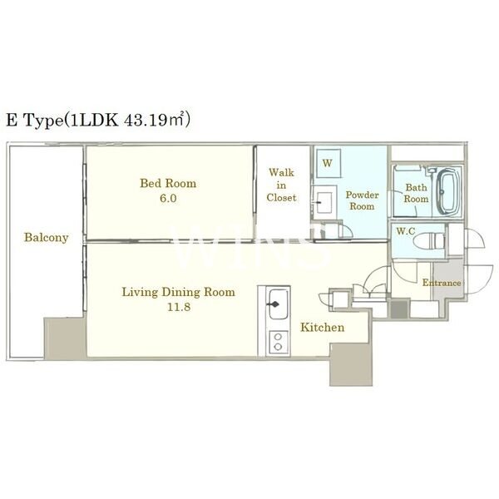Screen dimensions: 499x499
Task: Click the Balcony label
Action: pyautogui.click(x=47, y=237)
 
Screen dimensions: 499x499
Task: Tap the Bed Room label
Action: pyautogui.click(x=168, y=183)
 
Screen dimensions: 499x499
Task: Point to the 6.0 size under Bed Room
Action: pyautogui.click(x=168, y=198)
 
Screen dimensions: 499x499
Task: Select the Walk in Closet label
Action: pyautogui.click(x=281, y=185)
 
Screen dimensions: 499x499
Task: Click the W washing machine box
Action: pyautogui.click(x=328, y=163)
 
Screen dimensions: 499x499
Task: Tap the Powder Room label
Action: pyautogui.click(x=362, y=200)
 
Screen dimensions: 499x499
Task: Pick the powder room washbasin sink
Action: pyautogui.click(x=324, y=202)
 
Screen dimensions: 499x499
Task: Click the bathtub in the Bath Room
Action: pyautogui.click(x=448, y=191)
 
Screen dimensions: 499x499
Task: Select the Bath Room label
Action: pyautogui.click(x=416, y=193)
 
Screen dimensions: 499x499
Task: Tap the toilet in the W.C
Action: pyautogui.click(x=429, y=241)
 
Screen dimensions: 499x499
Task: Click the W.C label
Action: pyautogui.click(x=406, y=231)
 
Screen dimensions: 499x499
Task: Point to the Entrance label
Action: pyautogui.click(x=442, y=283)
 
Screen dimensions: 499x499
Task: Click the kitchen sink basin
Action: pyautogui.click(x=279, y=304)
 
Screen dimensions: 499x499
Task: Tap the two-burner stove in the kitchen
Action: pyautogui.click(x=279, y=342)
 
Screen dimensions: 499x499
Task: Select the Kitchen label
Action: pyautogui.click(x=323, y=327)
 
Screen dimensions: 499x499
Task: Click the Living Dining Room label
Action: pyautogui.click(x=179, y=292)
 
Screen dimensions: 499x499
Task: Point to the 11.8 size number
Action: pyautogui.click(x=179, y=307)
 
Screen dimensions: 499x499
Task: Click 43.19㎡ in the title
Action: pyautogui.click(x=156, y=120)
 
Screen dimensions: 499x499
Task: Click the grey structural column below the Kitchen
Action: pyautogui.click(x=351, y=365)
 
